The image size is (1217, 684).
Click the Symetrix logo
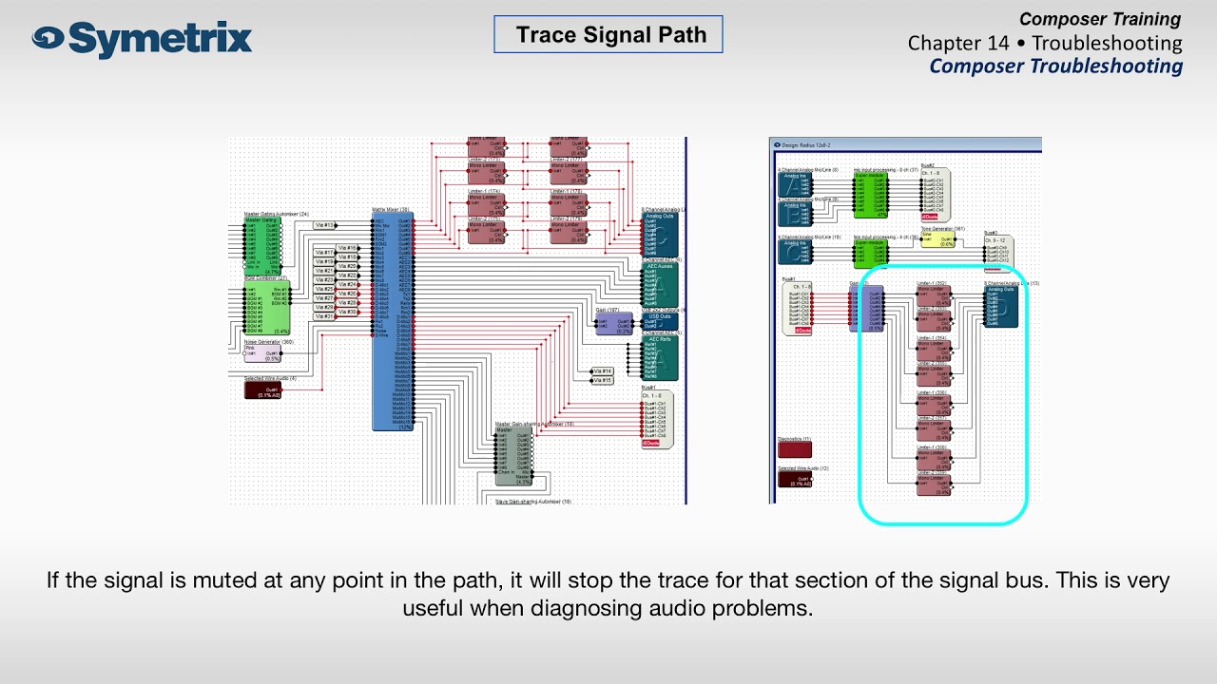coord(143,39)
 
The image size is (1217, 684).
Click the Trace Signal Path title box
coord(608,35)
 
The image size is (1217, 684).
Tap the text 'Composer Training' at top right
coord(1099,19)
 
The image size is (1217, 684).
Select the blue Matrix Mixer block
coord(393,323)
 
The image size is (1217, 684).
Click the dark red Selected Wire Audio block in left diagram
coord(263,389)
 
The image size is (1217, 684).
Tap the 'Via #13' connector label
coord(324,225)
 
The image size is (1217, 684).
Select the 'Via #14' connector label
coord(602,371)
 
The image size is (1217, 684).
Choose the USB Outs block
coord(660,320)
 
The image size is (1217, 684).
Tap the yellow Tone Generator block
coord(938,238)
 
